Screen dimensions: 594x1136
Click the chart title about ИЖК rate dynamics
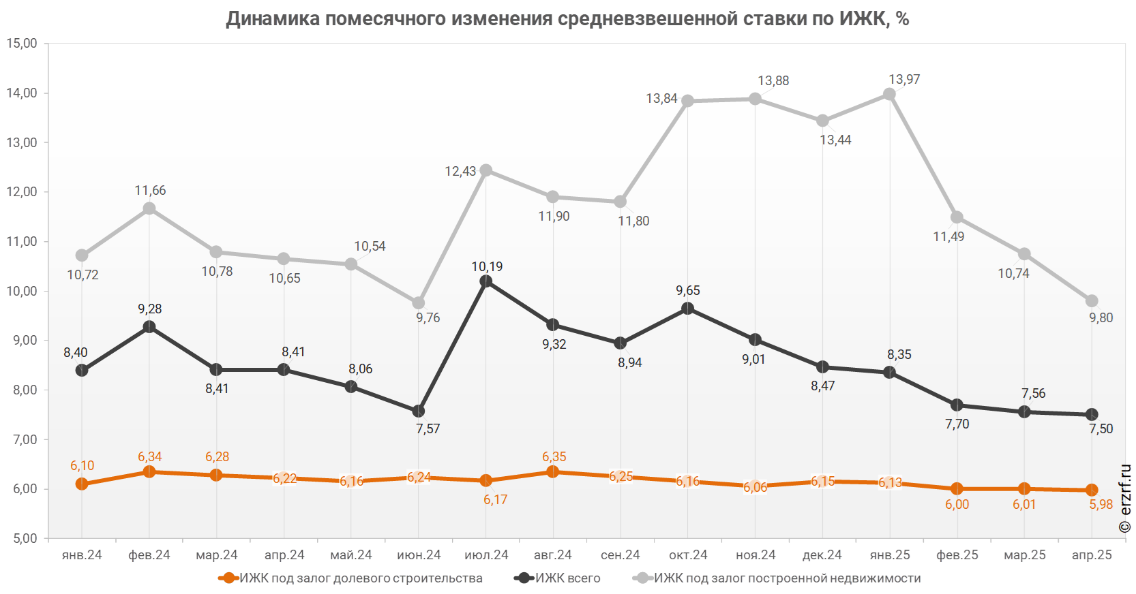(x=568, y=18)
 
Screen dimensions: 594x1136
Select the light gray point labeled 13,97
(x=890, y=94)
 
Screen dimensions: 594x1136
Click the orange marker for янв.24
(x=82, y=484)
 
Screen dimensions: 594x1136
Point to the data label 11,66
(x=150, y=191)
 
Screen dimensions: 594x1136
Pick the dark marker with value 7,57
(x=419, y=411)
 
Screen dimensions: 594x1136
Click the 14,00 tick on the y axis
(x=22, y=93)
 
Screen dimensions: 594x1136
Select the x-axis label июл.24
(x=486, y=555)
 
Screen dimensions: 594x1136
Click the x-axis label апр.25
(x=1092, y=555)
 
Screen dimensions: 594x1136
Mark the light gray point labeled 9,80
(x=1092, y=301)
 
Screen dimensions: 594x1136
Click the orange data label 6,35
(x=554, y=457)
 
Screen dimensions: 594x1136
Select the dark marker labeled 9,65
(x=688, y=309)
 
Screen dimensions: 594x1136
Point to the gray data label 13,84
(x=661, y=99)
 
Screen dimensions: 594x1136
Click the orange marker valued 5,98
(x=1092, y=490)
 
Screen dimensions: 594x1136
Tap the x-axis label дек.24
(x=822, y=555)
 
